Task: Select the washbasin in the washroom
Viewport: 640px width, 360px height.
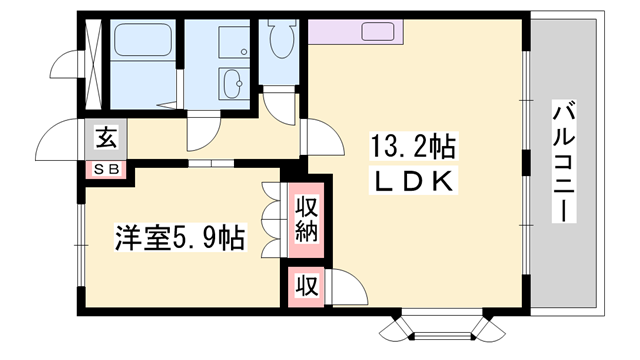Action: (x=232, y=84)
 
